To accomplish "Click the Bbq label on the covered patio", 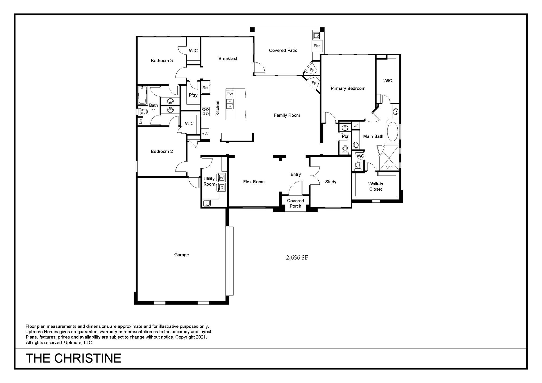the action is tap(317, 46).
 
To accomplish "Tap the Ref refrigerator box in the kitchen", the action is tap(206, 87).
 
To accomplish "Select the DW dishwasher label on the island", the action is tap(230, 94).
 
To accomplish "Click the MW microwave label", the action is tap(205, 134).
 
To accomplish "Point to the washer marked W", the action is tap(221, 177).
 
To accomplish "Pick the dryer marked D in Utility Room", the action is tap(221, 188).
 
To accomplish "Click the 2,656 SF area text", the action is tap(297, 257).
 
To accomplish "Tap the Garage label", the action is tap(182, 255).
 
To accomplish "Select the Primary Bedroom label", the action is tap(348, 88).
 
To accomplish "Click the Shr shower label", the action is tap(389, 167).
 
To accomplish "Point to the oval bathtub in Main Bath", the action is tap(393, 131).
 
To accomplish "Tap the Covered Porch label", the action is tap(295, 203).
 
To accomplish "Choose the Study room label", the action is tap(331, 182).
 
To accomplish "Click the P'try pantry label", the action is tap(193, 95).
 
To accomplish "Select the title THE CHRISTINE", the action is tap(73, 358).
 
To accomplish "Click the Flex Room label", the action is tap(254, 182).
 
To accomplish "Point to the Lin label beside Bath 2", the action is tap(140, 122).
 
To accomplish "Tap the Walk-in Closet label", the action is tap(376, 186).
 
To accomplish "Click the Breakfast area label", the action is tap(228, 59).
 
